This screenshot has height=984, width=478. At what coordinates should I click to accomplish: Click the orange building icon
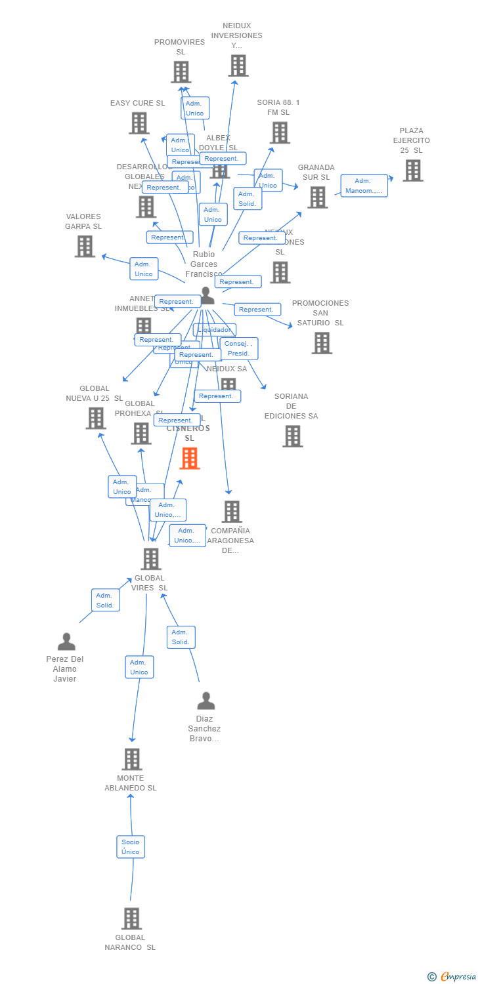190,459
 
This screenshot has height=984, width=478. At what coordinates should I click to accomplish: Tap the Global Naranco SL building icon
131,918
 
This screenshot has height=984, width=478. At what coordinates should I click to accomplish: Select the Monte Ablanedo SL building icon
131,759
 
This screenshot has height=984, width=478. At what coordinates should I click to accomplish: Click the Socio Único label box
130,846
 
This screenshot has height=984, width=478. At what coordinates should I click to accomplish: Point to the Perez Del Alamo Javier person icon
66,642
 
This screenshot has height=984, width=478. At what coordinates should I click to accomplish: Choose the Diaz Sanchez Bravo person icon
206,701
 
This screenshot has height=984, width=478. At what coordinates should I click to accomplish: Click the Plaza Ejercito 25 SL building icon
412,171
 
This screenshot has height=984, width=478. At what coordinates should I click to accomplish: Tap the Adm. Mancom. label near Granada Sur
364,186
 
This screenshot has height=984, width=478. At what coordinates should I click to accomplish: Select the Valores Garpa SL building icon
85,247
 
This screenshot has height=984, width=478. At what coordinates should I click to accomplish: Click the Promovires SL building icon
181,72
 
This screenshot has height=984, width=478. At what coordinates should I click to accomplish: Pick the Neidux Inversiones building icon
238,66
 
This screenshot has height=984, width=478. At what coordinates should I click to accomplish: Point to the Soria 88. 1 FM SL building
280,133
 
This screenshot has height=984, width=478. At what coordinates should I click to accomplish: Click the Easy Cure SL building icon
139,123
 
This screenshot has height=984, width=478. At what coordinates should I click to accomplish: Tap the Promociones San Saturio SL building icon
321,342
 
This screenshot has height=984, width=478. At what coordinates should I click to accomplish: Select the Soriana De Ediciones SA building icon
292,436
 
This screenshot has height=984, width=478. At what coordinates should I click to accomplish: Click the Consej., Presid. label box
238,348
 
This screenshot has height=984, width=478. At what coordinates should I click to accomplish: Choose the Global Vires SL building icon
150,559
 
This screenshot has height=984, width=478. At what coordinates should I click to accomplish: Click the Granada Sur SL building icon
317,197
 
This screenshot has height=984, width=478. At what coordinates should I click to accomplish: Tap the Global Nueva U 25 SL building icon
96,419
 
